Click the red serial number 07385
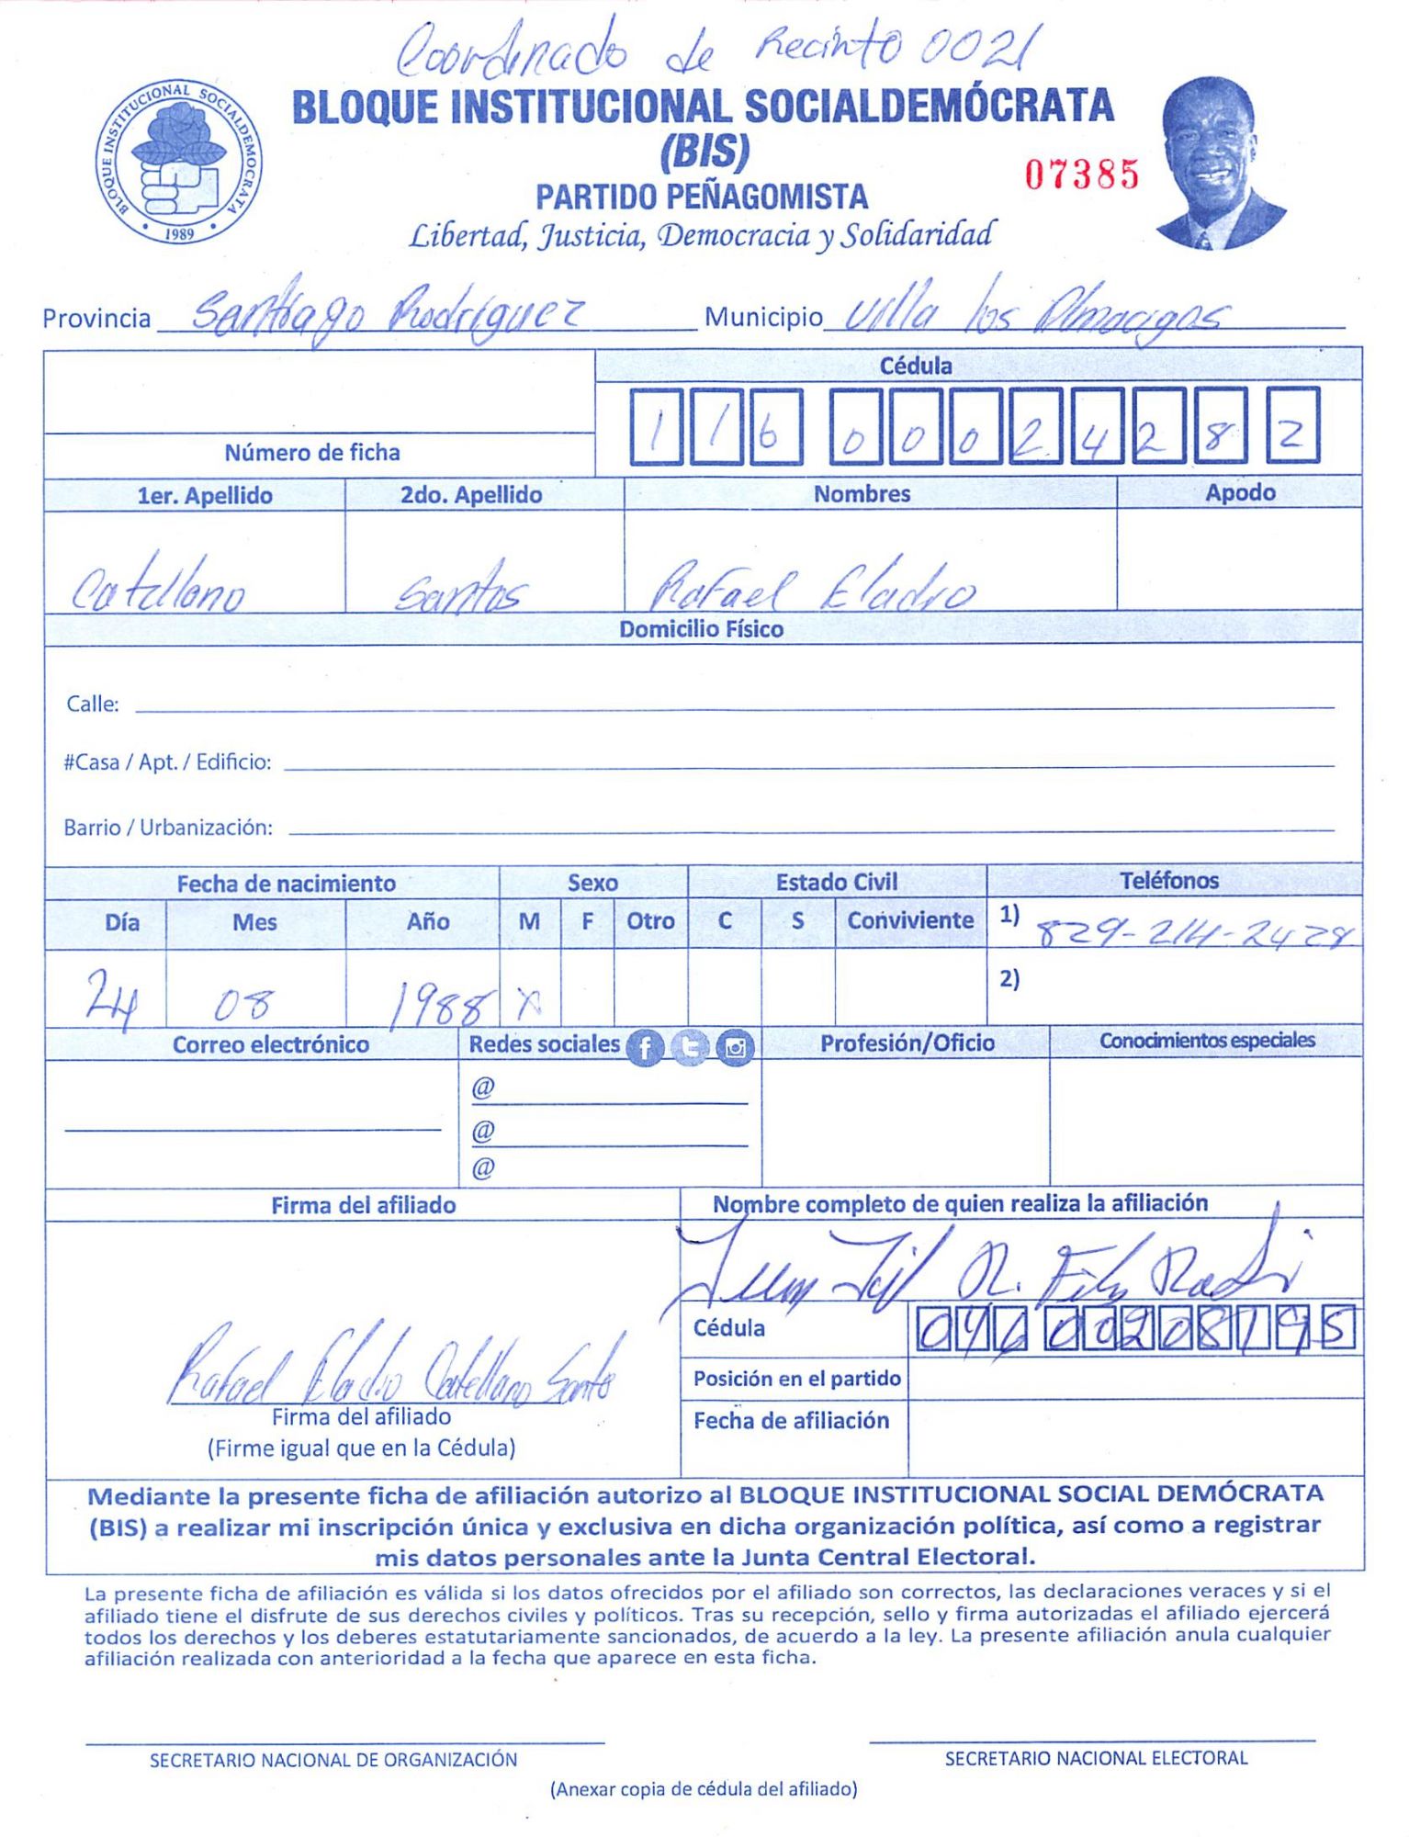pyautogui.click(x=1082, y=175)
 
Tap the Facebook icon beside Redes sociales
pyautogui.click(x=645, y=1047)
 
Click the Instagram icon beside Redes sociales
pyautogui.click(x=735, y=1047)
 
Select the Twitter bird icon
pyautogui.click(x=690, y=1047)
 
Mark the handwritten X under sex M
pyautogui.click(x=528, y=1006)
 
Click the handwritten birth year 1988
pyautogui.click(x=437, y=1009)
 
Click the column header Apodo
pyautogui.click(x=1240, y=492)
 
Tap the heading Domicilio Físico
pyautogui.click(x=701, y=629)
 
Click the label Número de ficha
pyautogui.click(x=312, y=452)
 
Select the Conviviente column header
pyautogui.click(x=909, y=920)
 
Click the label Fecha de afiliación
pyautogui.click(x=791, y=1421)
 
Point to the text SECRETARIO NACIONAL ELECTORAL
pyautogui.click(x=1096, y=1758)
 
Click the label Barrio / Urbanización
pyautogui.click(x=168, y=828)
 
